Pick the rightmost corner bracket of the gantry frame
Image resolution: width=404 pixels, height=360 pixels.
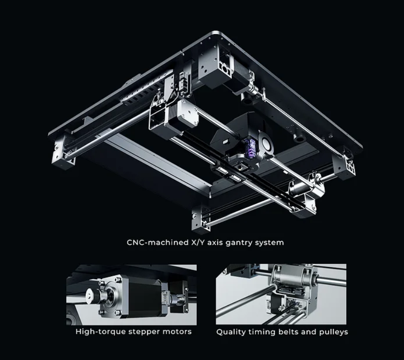345,163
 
